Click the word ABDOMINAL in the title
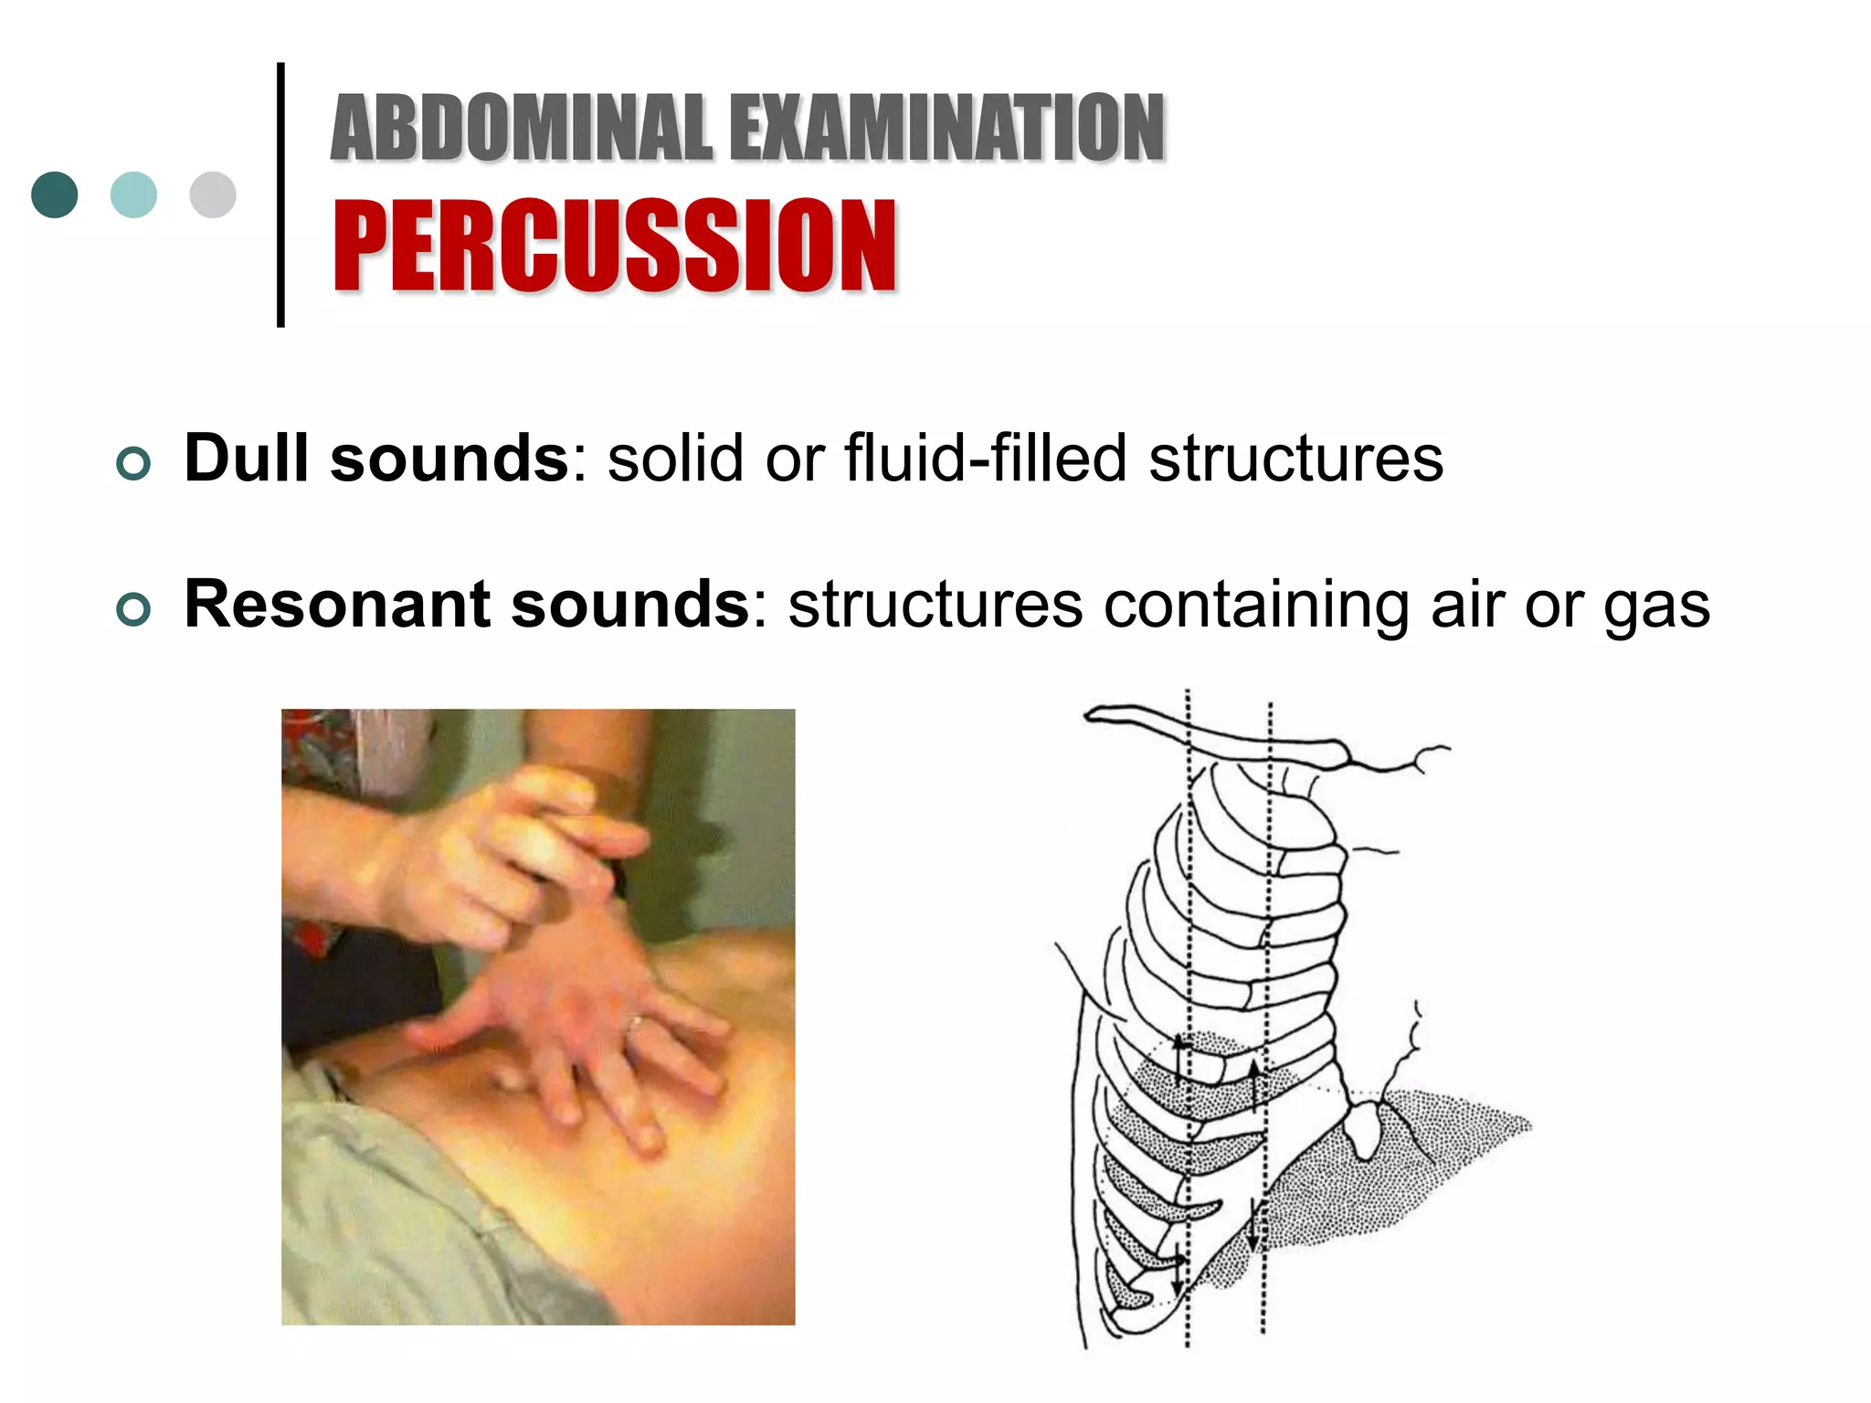(521, 128)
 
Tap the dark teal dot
(55, 195)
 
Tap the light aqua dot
(133, 195)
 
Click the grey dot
(213, 195)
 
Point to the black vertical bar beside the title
(280, 195)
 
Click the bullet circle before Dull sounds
(133, 464)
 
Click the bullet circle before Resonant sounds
(133, 609)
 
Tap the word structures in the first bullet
(1295, 458)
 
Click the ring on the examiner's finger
(636, 1023)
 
